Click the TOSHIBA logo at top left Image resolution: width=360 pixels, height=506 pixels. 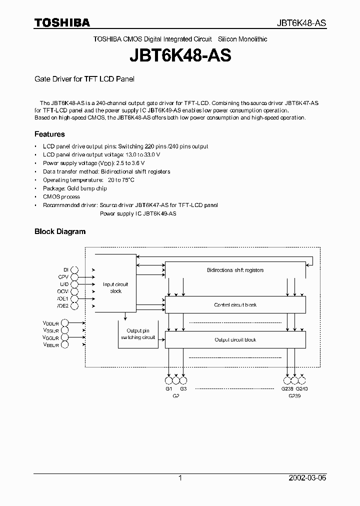tap(62, 22)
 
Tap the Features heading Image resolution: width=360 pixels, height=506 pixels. tap(49, 134)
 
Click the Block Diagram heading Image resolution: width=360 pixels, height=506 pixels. tap(59, 231)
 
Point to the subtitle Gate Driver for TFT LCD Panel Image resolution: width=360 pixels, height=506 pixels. tap(84, 79)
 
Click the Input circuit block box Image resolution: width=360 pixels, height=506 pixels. tap(115, 287)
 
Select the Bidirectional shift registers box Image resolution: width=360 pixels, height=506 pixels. tap(235, 270)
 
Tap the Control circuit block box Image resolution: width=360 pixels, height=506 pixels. tap(235, 304)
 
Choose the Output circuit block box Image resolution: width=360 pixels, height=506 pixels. tap(235, 339)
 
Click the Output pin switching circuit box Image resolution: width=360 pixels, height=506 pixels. tap(138, 334)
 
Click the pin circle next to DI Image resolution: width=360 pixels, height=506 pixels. tap(74, 269)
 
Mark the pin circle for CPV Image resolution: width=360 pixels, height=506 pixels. tap(74, 276)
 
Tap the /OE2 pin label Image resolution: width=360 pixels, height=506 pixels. tap(62, 305)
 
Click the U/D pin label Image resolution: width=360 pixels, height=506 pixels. tap(63, 283)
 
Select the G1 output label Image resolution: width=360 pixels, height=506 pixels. tap(168, 388)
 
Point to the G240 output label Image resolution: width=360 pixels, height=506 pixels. tap(302, 388)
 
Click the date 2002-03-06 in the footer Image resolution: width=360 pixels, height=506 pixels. tap(307, 478)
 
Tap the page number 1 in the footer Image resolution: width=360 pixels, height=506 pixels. tap(180, 478)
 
